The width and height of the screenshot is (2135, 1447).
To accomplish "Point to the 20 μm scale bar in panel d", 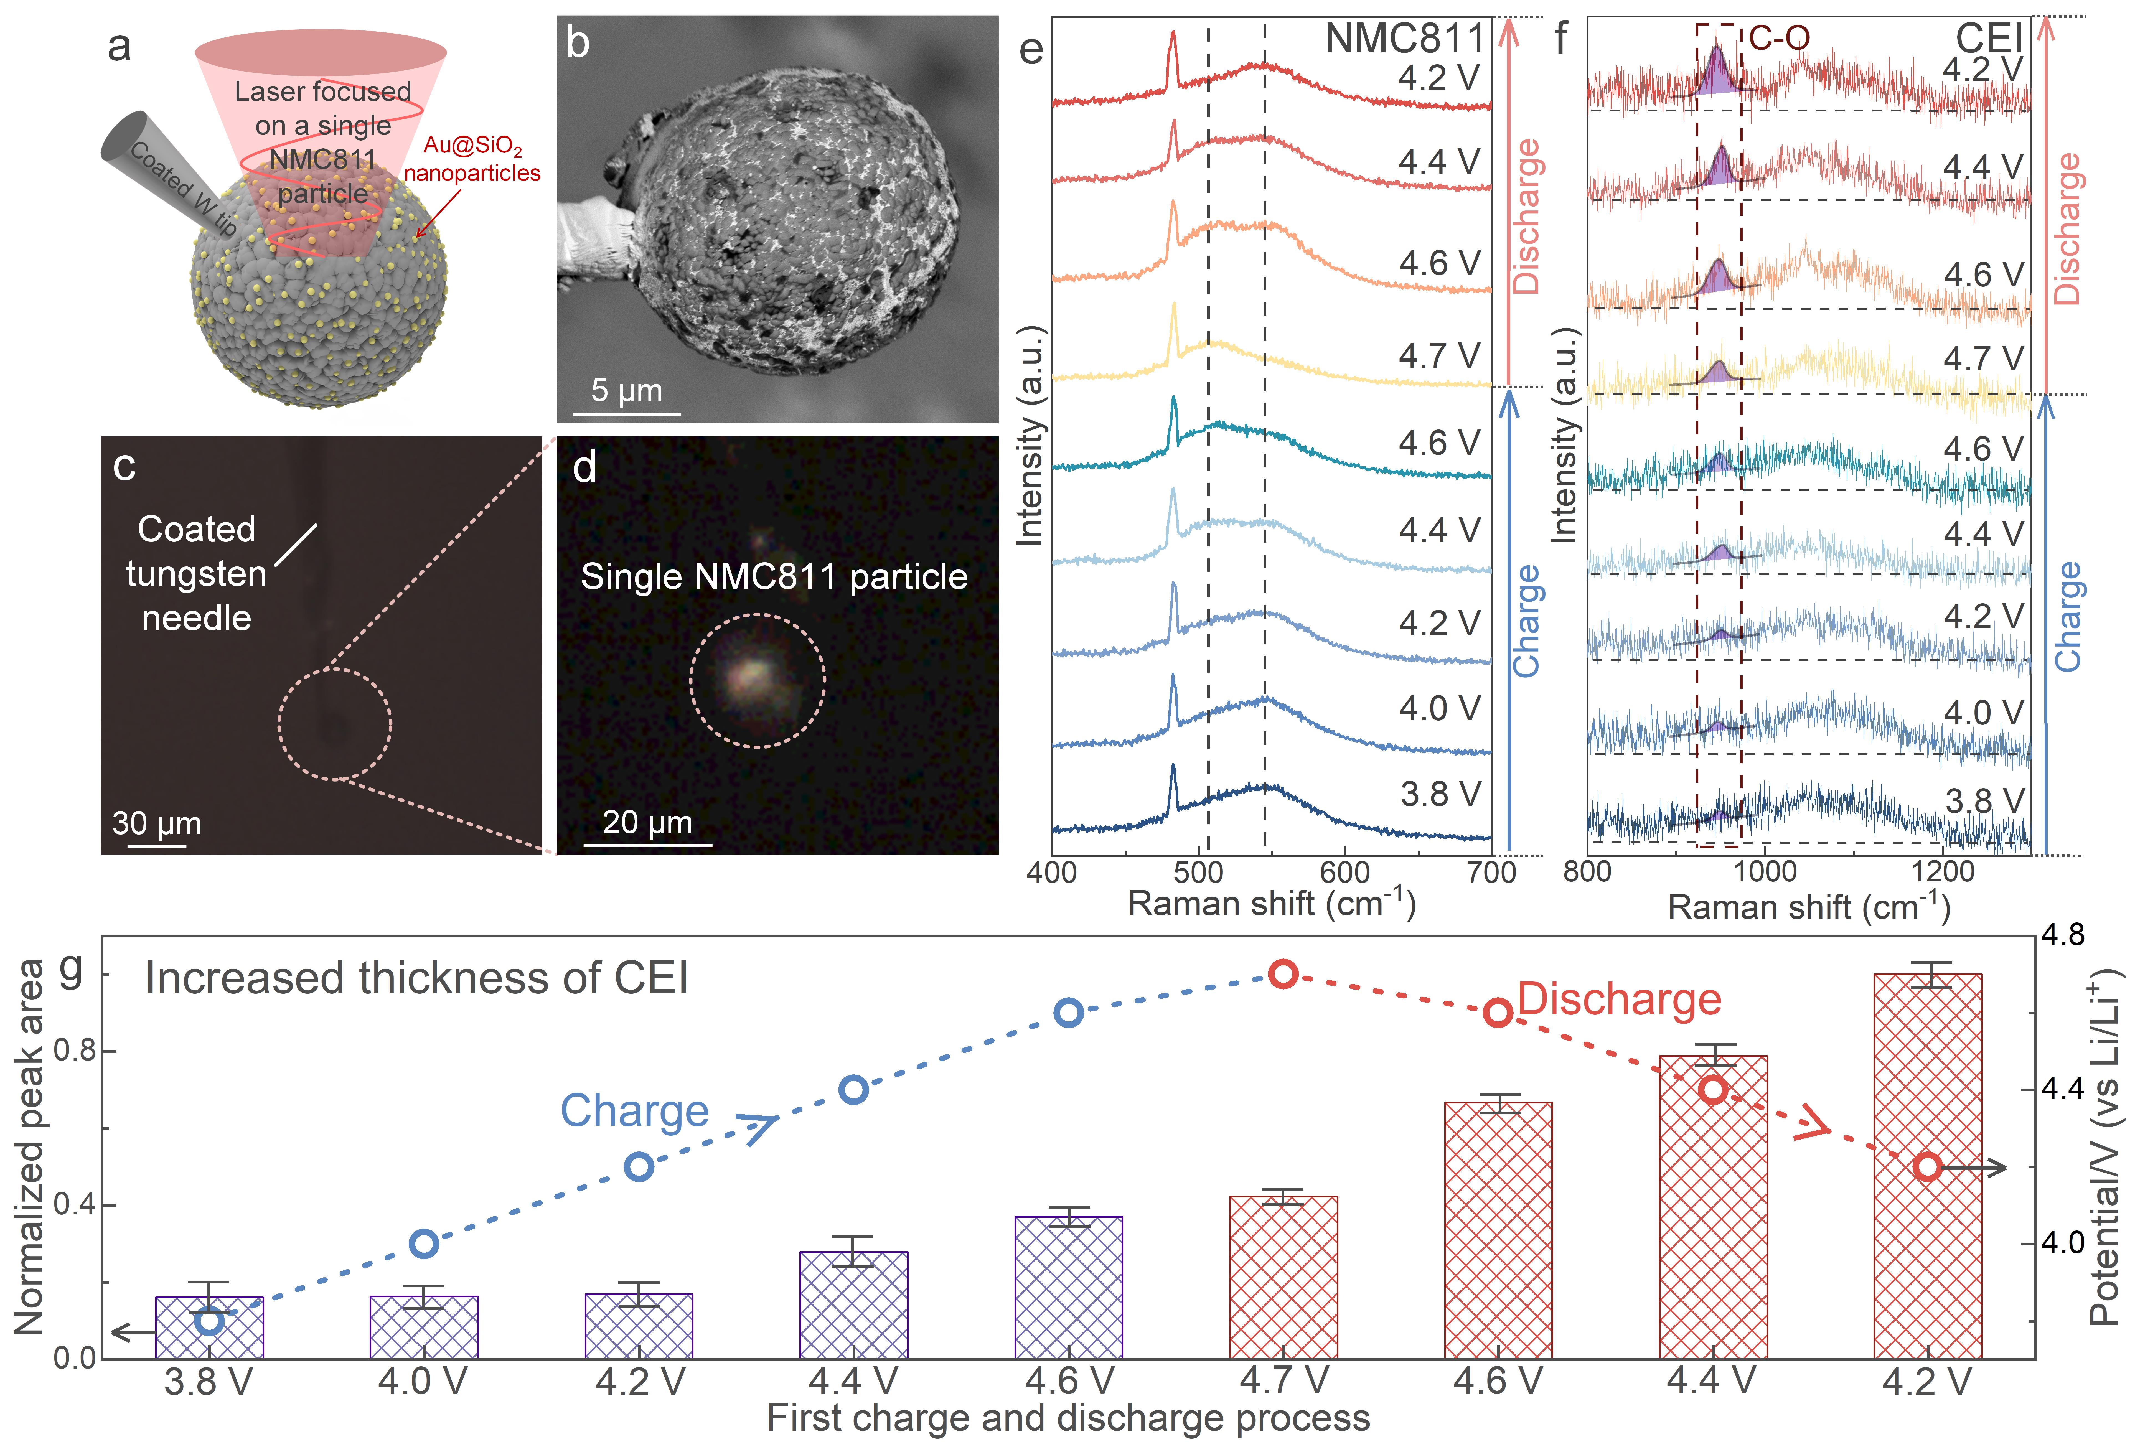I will tap(648, 843).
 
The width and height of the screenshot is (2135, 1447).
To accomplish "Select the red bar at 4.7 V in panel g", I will tap(1283, 1277).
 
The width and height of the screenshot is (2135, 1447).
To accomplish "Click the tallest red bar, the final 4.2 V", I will tap(1927, 1167).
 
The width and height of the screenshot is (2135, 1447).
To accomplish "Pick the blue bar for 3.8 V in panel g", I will tap(209, 1328).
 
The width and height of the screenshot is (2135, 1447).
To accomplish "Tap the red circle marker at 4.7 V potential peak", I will tap(1283, 974).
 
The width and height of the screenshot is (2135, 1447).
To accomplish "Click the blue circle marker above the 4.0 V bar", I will tap(423, 1244).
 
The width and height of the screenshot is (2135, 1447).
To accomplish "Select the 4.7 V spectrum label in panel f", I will tap(1982, 358).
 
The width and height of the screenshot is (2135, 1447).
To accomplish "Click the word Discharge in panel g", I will tap(1619, 1000).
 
